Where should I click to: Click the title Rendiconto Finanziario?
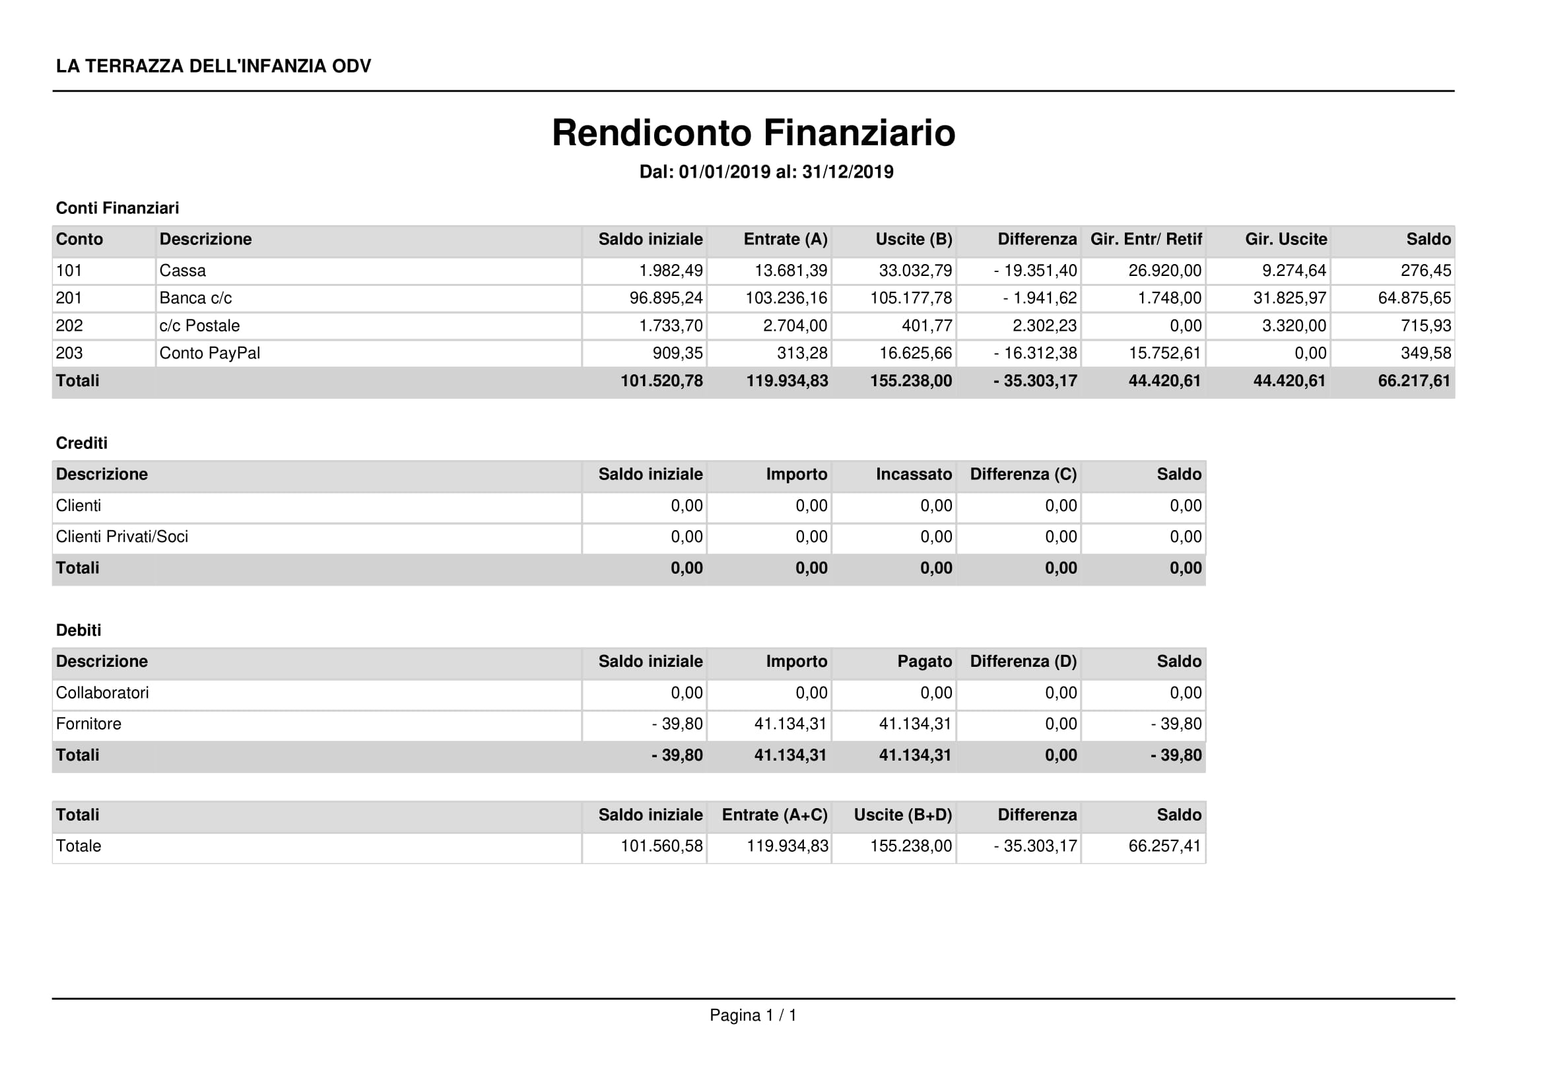coord(753,133)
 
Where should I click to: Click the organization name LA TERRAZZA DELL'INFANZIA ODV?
coord(213,66)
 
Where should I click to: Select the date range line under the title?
coord(766,172)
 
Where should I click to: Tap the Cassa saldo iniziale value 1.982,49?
coord(671,271)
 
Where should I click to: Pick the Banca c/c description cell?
coord(195,298)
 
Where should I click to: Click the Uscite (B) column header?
coord(913,240)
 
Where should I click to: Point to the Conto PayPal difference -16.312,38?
coord(1035,353)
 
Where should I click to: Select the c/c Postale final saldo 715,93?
coord(1426,325)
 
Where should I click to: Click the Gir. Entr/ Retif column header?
coord(1145,240)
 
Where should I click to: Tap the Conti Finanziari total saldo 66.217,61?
coord(1413,381)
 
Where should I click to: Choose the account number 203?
coord(69,353)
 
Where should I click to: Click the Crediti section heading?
coord(81,443)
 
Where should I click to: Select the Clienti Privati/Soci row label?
coord(121,537)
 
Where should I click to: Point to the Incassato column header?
coord(913,475)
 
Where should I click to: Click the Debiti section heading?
coord(79,630)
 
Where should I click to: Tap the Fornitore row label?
coord(88,724)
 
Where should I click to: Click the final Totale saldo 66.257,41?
coord(1164,846)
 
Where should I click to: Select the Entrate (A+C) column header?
coord(774,815)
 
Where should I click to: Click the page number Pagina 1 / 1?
coord(753,1015)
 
